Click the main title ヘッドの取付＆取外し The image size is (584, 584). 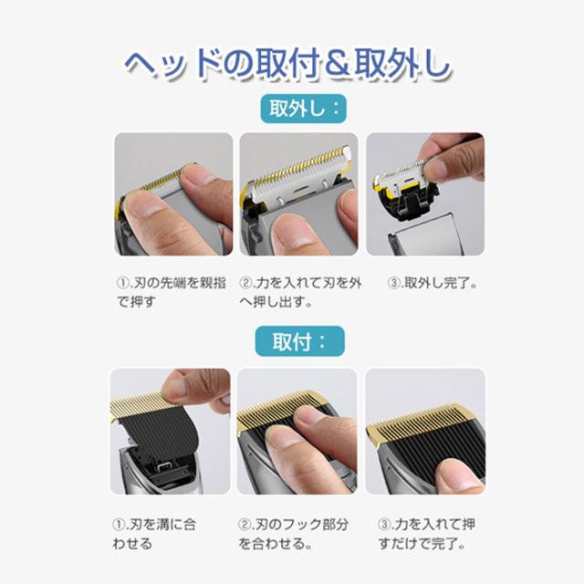(x=288, y=64)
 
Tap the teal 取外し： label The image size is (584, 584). (x=303, y=109)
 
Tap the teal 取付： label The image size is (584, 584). (x=300, y=341)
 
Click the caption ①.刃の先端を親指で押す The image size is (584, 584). (x=172, y=292)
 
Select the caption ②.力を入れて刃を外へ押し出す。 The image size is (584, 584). (x=300, y=292)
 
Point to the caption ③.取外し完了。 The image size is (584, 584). (x=433, y=283)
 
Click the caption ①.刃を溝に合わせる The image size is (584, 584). (x=154, y=534)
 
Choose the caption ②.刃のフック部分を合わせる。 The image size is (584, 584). (x=293, y=534)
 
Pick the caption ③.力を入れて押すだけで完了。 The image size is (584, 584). (x=426, y=534)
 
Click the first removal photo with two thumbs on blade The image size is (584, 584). (x=173, y=194)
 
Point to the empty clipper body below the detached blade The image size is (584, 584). (x=425, y=235)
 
